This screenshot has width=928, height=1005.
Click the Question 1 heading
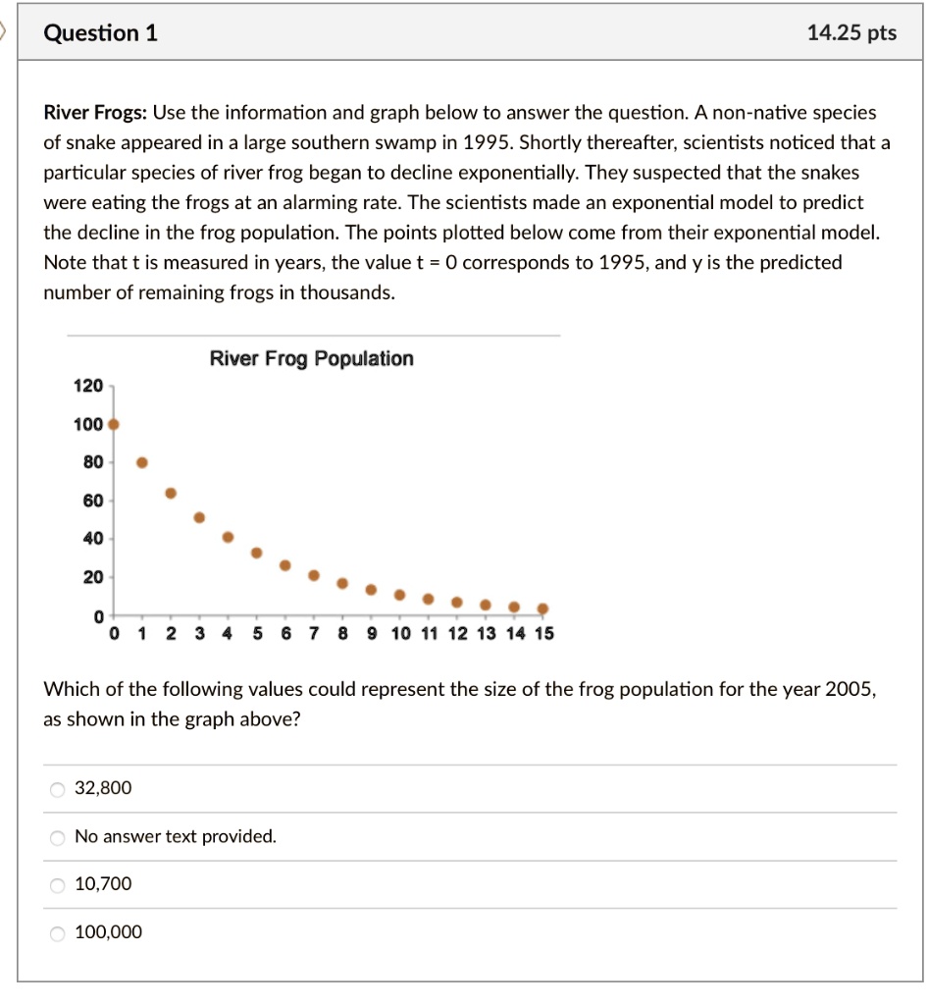point(101,33)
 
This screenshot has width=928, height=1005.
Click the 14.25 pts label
point(851,33)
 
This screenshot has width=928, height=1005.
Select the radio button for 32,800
point(58,789)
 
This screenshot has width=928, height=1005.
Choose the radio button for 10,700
point(58,885)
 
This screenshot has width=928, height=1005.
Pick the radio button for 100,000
point(58,933)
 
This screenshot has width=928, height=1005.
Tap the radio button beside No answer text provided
point(58,837)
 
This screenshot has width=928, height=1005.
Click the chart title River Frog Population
point(311,359)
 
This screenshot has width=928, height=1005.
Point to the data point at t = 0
point(114,425)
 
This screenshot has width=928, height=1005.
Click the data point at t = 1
point(142,462)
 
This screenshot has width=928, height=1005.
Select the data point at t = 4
point(229,537)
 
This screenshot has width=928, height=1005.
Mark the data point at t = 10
point(399,595)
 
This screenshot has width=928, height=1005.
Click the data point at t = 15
point(542,608)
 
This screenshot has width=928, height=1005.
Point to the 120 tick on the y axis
point(88,387)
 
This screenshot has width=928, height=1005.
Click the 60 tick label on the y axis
point(91,502)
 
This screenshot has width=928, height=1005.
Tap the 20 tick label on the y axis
point(91,577)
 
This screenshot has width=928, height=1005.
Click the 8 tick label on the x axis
point(342,634)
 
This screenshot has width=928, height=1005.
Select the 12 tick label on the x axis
point(458,634)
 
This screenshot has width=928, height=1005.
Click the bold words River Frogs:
point(94,113)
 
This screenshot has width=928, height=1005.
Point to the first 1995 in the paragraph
point(487,142)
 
